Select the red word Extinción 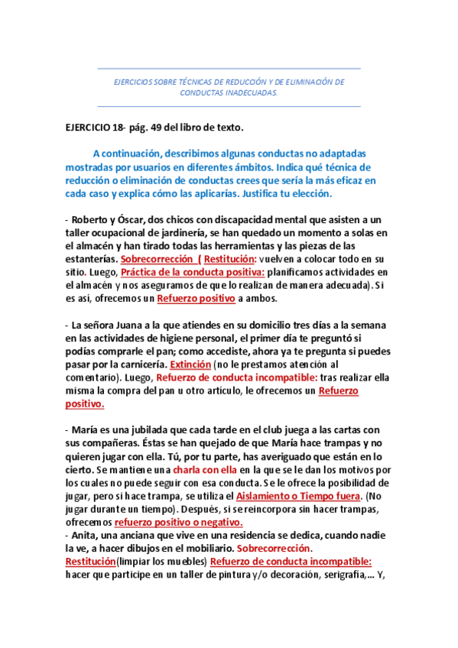pos(191,363)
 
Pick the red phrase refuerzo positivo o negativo pos(179,523)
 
